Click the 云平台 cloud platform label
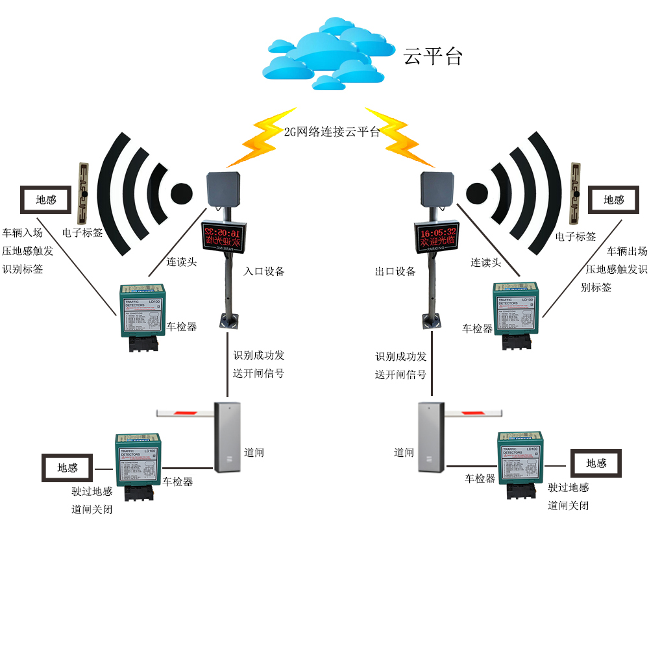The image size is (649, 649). [x=433, y=56]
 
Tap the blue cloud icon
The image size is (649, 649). [x=328, y=52]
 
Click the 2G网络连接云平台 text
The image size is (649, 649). [x=332, y=132]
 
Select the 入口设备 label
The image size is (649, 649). [x=264, y=271]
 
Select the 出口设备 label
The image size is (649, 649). [x=395, y=271]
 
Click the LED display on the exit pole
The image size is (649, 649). [x=437, y=238]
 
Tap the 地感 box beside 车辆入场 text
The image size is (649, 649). [x=46, y=200]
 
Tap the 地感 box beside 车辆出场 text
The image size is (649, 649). [x=614, y=200]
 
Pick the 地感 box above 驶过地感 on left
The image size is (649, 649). [x=67, y=468]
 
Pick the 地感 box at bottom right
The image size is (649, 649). [x=596, y=463]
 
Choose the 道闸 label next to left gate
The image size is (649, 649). [x=254, y=452]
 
